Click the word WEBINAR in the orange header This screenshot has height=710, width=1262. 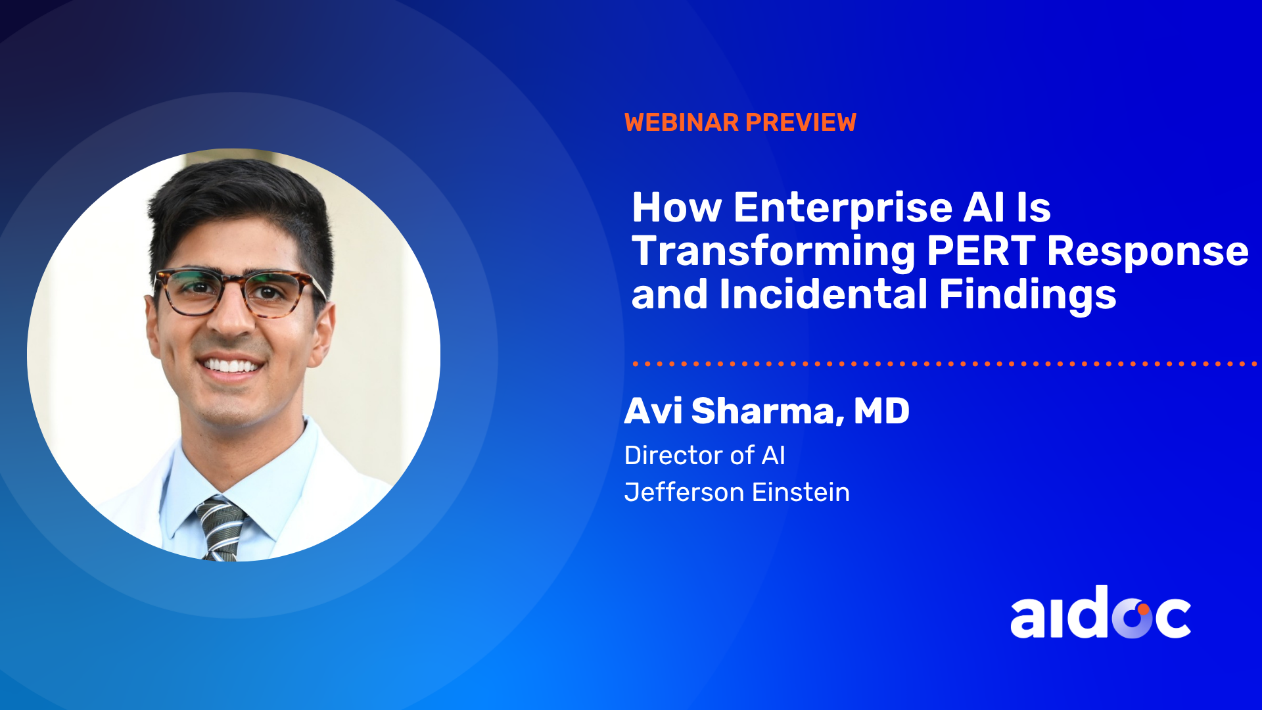pos(682,122)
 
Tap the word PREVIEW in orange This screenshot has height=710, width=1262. pos(801,122)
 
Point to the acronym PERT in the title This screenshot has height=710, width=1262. pos(981,251)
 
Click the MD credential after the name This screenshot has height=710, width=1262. pos(881,411)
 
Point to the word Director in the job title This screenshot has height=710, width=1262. pos(674,455)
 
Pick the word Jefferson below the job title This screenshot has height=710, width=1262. pos(684,492)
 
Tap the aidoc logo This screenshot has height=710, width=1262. pos(1100,613)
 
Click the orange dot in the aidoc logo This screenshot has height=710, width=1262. pos(1144,609)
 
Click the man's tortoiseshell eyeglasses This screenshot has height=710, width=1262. pos(240,292)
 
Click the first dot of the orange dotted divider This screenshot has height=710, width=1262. pos(636,364)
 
